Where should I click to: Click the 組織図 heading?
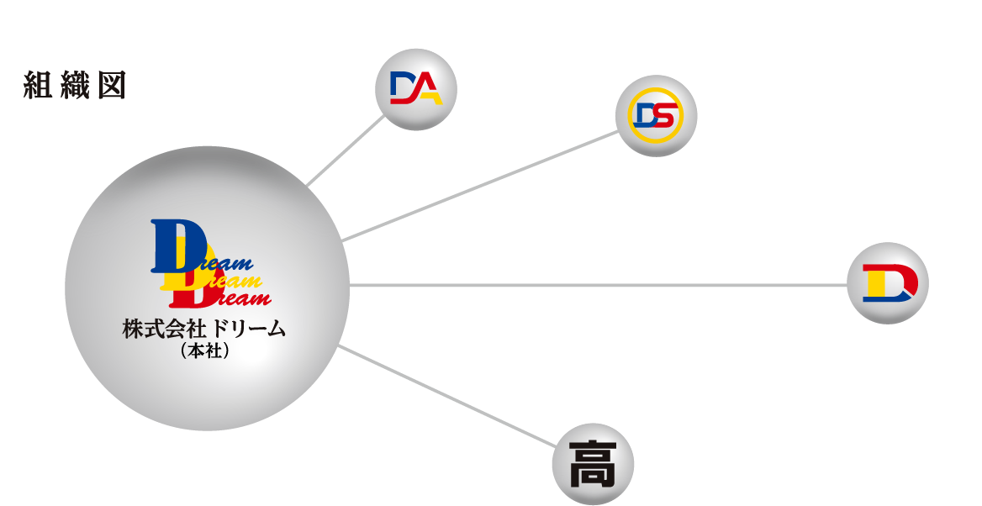coord(75,86)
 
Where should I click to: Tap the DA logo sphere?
coord(415,89)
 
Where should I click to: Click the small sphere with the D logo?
coord(887,283)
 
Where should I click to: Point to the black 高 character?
coord(593,463)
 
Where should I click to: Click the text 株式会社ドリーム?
coord(204,329)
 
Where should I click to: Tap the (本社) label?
coord(204,352)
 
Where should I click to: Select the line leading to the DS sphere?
coord(479,187)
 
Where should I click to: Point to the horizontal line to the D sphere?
coord(597,285)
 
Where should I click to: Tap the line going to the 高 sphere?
coord(446,395)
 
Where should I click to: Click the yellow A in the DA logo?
coord(429,89)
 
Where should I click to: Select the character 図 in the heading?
coord(111,86)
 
